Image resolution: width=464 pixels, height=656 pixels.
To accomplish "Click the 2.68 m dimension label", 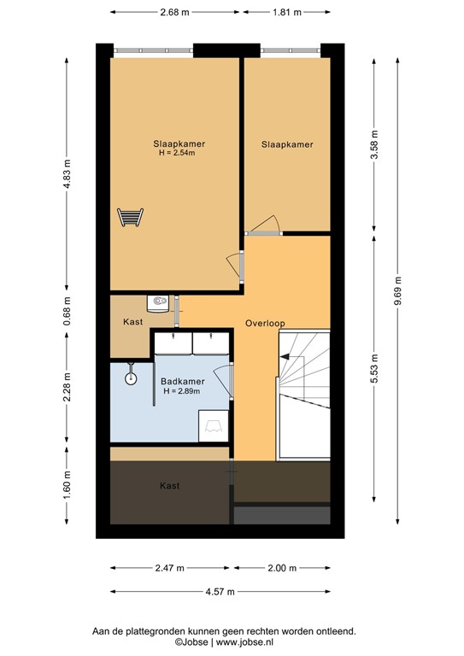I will (175, 13).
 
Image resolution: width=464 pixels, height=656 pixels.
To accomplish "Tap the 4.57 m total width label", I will (219, 591).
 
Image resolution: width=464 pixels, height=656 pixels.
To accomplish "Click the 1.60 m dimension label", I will (66, 485).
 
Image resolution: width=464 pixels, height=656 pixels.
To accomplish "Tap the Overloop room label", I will (264, 324).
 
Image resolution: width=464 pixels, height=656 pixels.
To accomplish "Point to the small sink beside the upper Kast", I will (158, 301).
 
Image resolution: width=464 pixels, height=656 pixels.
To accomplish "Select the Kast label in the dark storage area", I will (169, 485).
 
